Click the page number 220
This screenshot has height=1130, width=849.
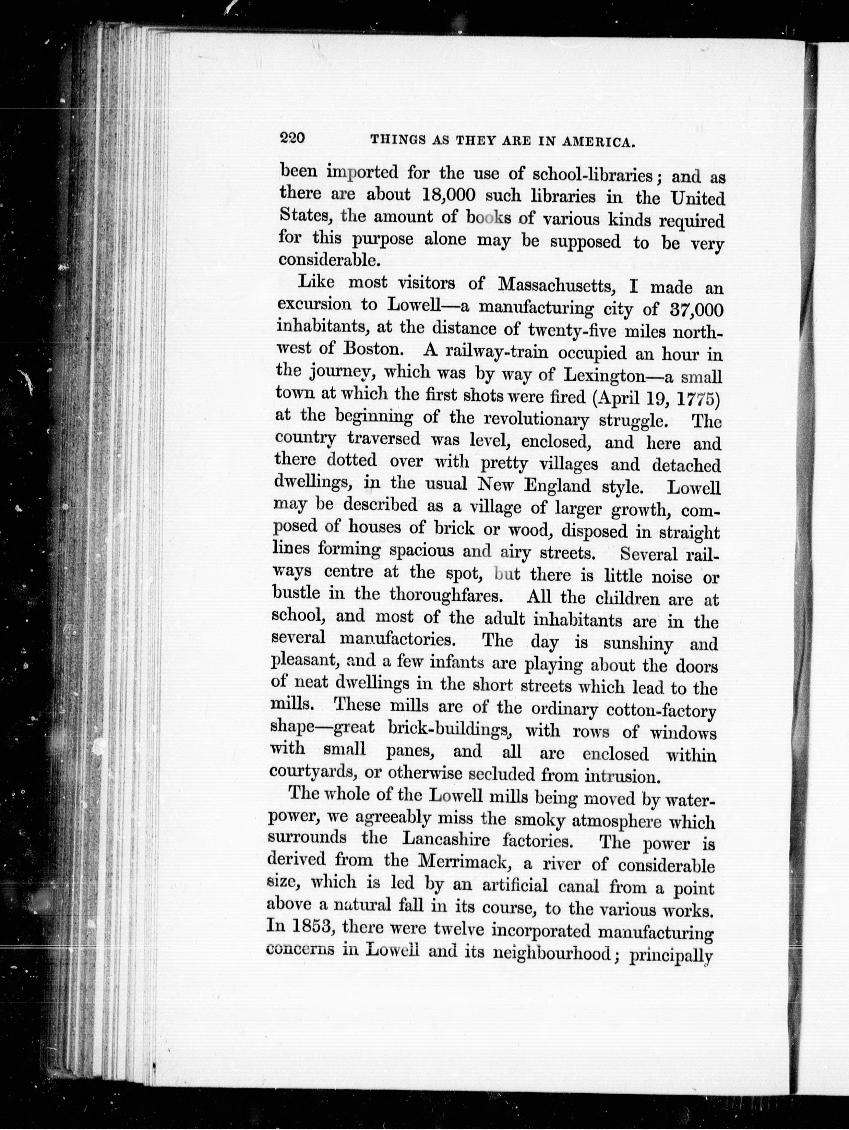[x=292, y=138]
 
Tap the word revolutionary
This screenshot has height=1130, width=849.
[x=536, y=419]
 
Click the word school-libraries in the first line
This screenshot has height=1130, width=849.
[x=593, y=175]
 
